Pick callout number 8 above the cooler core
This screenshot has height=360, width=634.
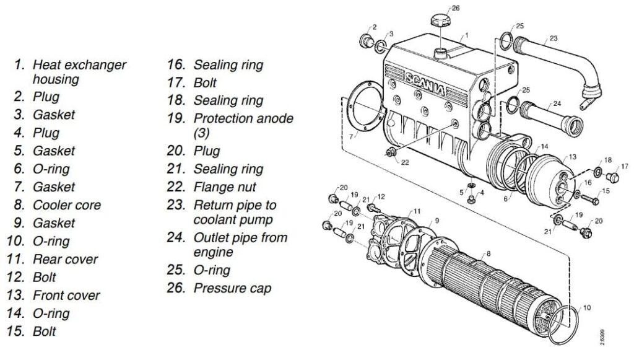click(x=488, y=253)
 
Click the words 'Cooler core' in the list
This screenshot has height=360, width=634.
click(x=66, y=204)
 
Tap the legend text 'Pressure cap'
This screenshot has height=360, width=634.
click(x=232, y=288)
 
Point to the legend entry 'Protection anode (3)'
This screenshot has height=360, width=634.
click(x=243, y=125)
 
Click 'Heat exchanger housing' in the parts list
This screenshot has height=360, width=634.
click(x=79, y=72)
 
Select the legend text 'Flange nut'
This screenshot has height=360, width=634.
click(x=225, y=187)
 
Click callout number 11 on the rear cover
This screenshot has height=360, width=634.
click(x=417, y=211)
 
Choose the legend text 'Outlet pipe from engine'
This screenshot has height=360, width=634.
click(x=240, y=244)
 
